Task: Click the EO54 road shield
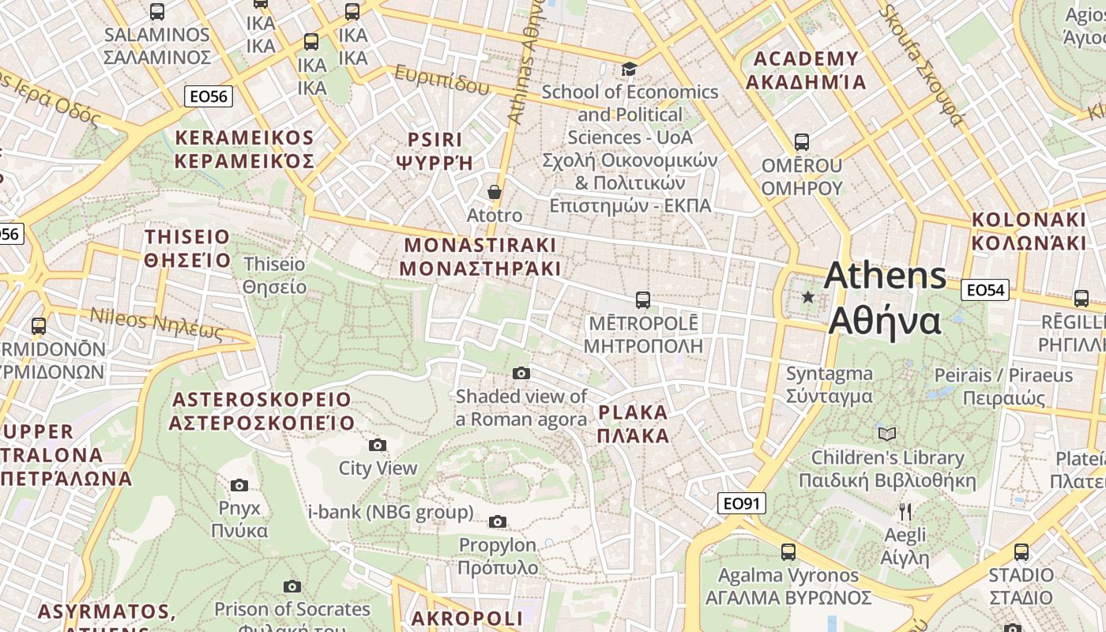pos(985,290)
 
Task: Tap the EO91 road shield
pos(743,503)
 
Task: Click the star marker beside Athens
pos(807,297)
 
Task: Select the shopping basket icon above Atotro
pos(495,192)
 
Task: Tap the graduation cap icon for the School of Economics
pos(629,70)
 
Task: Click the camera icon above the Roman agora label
pos(521,373)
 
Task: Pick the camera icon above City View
pos(378,446)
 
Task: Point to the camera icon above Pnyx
pos(239,485)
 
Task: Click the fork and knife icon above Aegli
pos(905,512)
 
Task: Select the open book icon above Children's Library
pos(887,434)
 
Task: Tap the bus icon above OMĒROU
pos(802,142)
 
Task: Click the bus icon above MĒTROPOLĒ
pos(643,300)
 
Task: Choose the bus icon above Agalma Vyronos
pos(788,551)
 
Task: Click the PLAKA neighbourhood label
pos(633,424)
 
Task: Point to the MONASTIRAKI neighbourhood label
pos(480,257)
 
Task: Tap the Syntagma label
pos(829,385)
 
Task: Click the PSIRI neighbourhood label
pos(434,152)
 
